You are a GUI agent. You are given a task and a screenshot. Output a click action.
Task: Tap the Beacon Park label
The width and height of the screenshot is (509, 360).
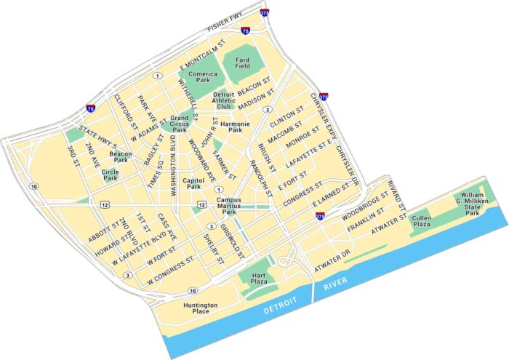click(120, 157)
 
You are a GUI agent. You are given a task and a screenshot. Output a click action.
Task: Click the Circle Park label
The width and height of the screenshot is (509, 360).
click(110, 175)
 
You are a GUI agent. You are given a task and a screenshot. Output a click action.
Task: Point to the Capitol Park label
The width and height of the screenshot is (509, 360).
click(193, 183)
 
